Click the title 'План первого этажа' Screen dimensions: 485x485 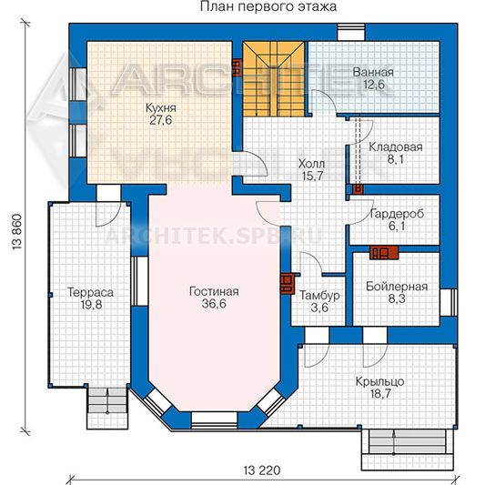pyautogui.click(x=268, y=6)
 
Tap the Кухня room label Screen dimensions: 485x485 pyautogui.click(x=161, y=108)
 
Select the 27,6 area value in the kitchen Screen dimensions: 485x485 pyautogui.click(x=161, y=120)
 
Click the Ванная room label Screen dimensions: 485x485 pyautogui.click(x=373, y=72)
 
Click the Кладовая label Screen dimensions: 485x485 pyautogui.click(x=396, y=147)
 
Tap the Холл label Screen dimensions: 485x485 pyautogui.click(x=311, y=164)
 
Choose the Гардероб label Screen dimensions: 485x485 pyautogui.click(x=397, y=214)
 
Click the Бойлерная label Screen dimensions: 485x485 pyautogui.click(x=397, y=287)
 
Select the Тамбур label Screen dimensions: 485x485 pyautogui.click(x=319, y=295)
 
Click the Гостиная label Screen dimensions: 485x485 pyautogui.click(x=214, y=291)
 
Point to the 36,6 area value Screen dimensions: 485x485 pyautogui.click(x=214, y=303)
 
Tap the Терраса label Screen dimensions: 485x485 pyautogui.click(x=91, y=292)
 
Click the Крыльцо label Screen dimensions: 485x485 pyautogui.click(x=379, y=382)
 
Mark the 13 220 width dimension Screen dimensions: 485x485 pyautogui.click(x=262, y=470)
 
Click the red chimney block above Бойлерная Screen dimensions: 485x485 pyautogui.click(x=384, y=252)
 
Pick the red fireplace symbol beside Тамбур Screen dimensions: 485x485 pyautogui.click(x=287, y=284)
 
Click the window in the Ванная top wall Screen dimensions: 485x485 pyautogui.click(x=351, y=32)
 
